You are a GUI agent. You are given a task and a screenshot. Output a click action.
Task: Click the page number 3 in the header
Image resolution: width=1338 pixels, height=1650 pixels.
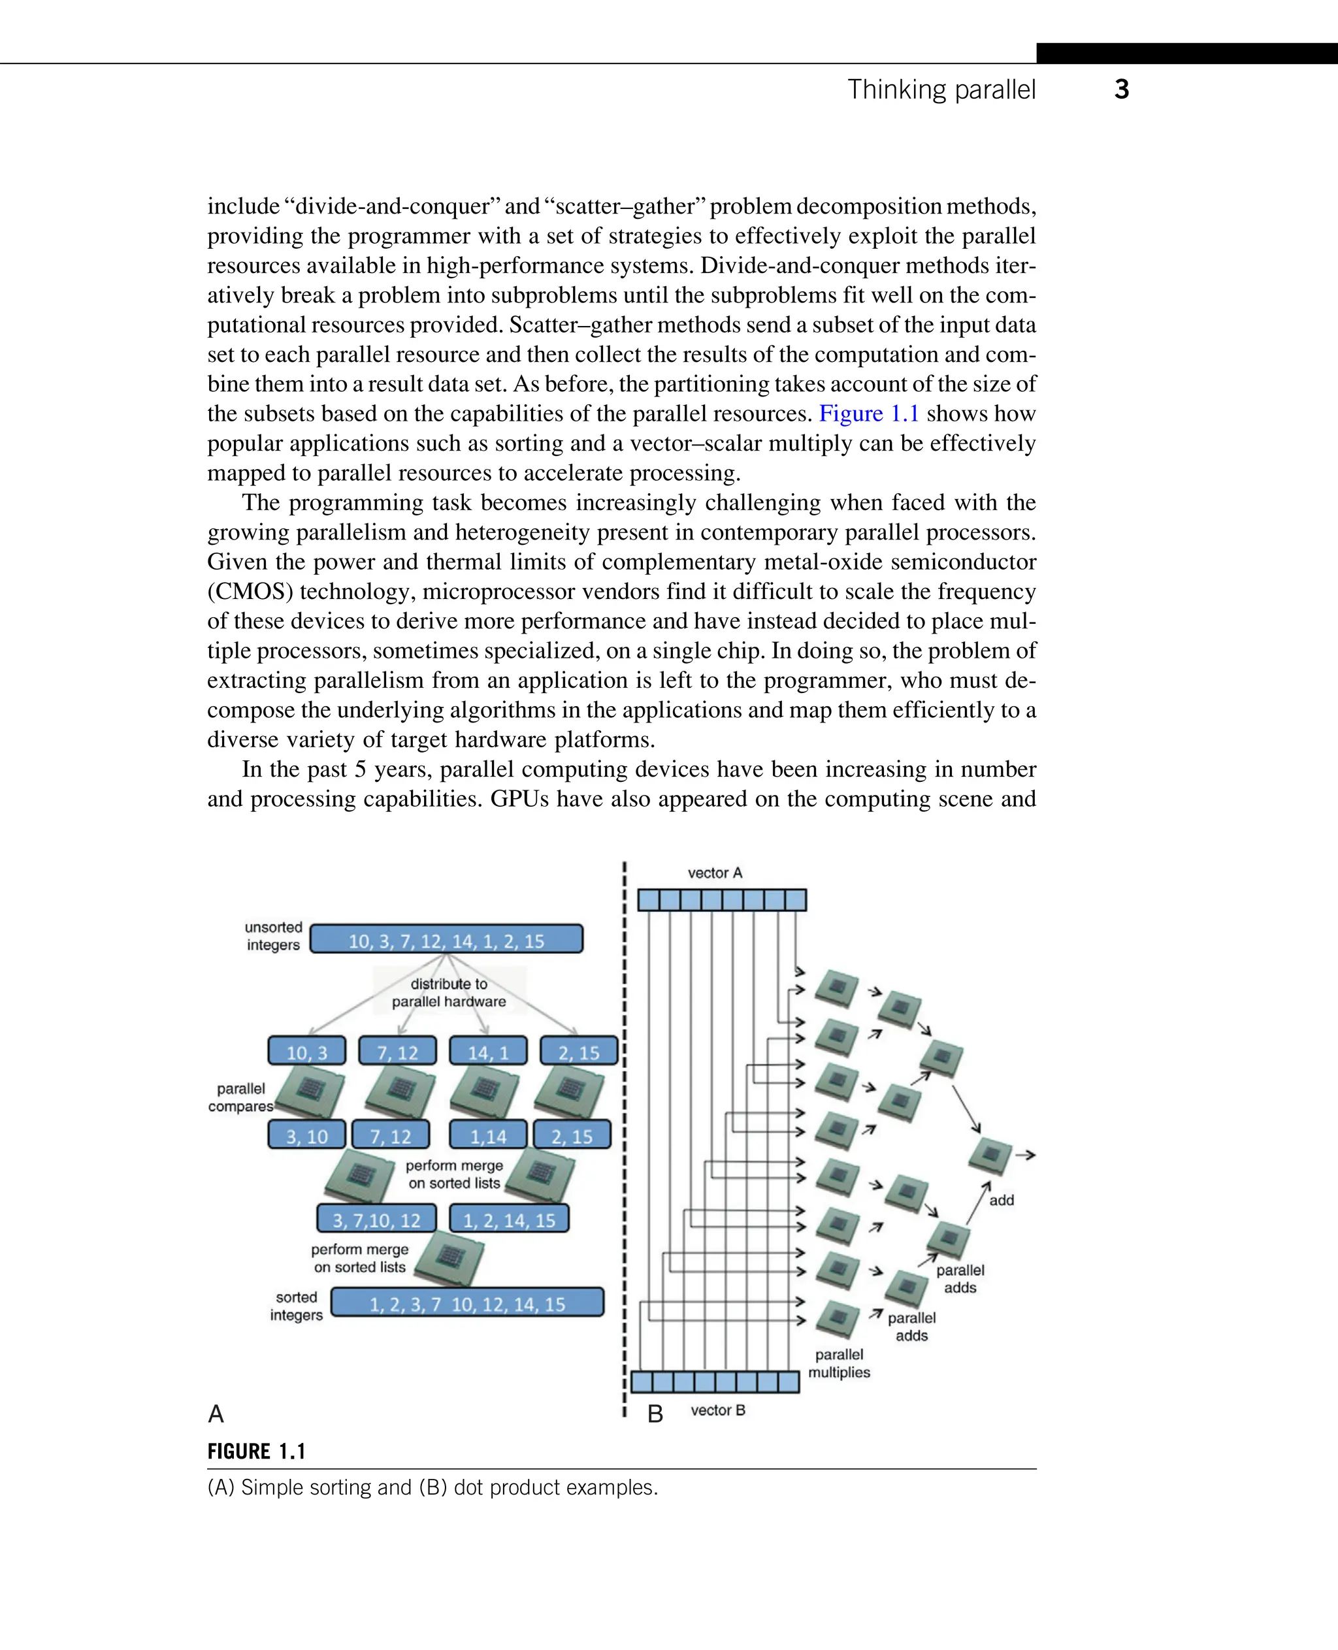(x=1121, y=89)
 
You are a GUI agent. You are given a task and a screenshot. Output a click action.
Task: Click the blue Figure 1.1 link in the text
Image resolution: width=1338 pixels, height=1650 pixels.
(x=869, y=414)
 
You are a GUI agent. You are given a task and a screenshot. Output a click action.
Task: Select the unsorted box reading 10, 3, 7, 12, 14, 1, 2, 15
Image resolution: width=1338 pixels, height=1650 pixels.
(x=446, y=939)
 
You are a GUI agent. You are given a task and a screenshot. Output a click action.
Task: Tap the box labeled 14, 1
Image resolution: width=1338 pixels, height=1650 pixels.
(x=488, y=1052)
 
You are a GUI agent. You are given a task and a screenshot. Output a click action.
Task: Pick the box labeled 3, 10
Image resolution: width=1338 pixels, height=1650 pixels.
(x=307, y=1135)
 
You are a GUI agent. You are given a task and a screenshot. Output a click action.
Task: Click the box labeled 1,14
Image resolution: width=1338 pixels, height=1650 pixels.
(x=488, y=1135)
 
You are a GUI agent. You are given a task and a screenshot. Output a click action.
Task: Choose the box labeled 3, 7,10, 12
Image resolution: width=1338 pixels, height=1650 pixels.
(x=376, y=1219)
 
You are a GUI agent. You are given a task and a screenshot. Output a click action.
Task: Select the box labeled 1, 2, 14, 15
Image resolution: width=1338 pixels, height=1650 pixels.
(x=509, y=1219)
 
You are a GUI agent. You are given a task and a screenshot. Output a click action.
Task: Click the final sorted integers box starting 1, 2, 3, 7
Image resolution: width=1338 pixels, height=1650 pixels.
(x=467, y=1303)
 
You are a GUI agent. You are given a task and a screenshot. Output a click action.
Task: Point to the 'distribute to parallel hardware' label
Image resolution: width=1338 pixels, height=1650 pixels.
(x=449, y=993)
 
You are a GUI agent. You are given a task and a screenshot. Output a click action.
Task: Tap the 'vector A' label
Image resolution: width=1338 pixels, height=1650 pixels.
(x=715, y=873)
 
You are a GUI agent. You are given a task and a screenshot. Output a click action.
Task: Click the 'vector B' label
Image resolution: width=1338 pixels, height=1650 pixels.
(x=717, y=1410)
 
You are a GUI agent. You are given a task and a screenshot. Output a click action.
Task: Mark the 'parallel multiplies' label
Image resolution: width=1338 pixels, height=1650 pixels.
(x=839, y=1363)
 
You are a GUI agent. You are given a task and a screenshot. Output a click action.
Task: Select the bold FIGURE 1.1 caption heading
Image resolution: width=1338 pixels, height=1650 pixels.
(x=257, y=1452)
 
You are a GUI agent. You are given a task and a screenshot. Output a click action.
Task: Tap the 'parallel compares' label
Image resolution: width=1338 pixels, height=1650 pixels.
(x=240, y=1097)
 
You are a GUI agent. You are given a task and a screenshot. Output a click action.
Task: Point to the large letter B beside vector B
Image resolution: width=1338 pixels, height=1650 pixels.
(x=655, y=1414)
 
